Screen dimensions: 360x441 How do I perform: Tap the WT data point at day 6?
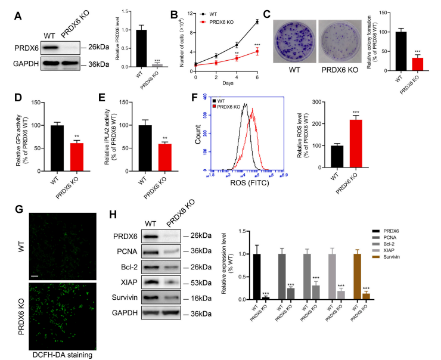click(x=257, y=21)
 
